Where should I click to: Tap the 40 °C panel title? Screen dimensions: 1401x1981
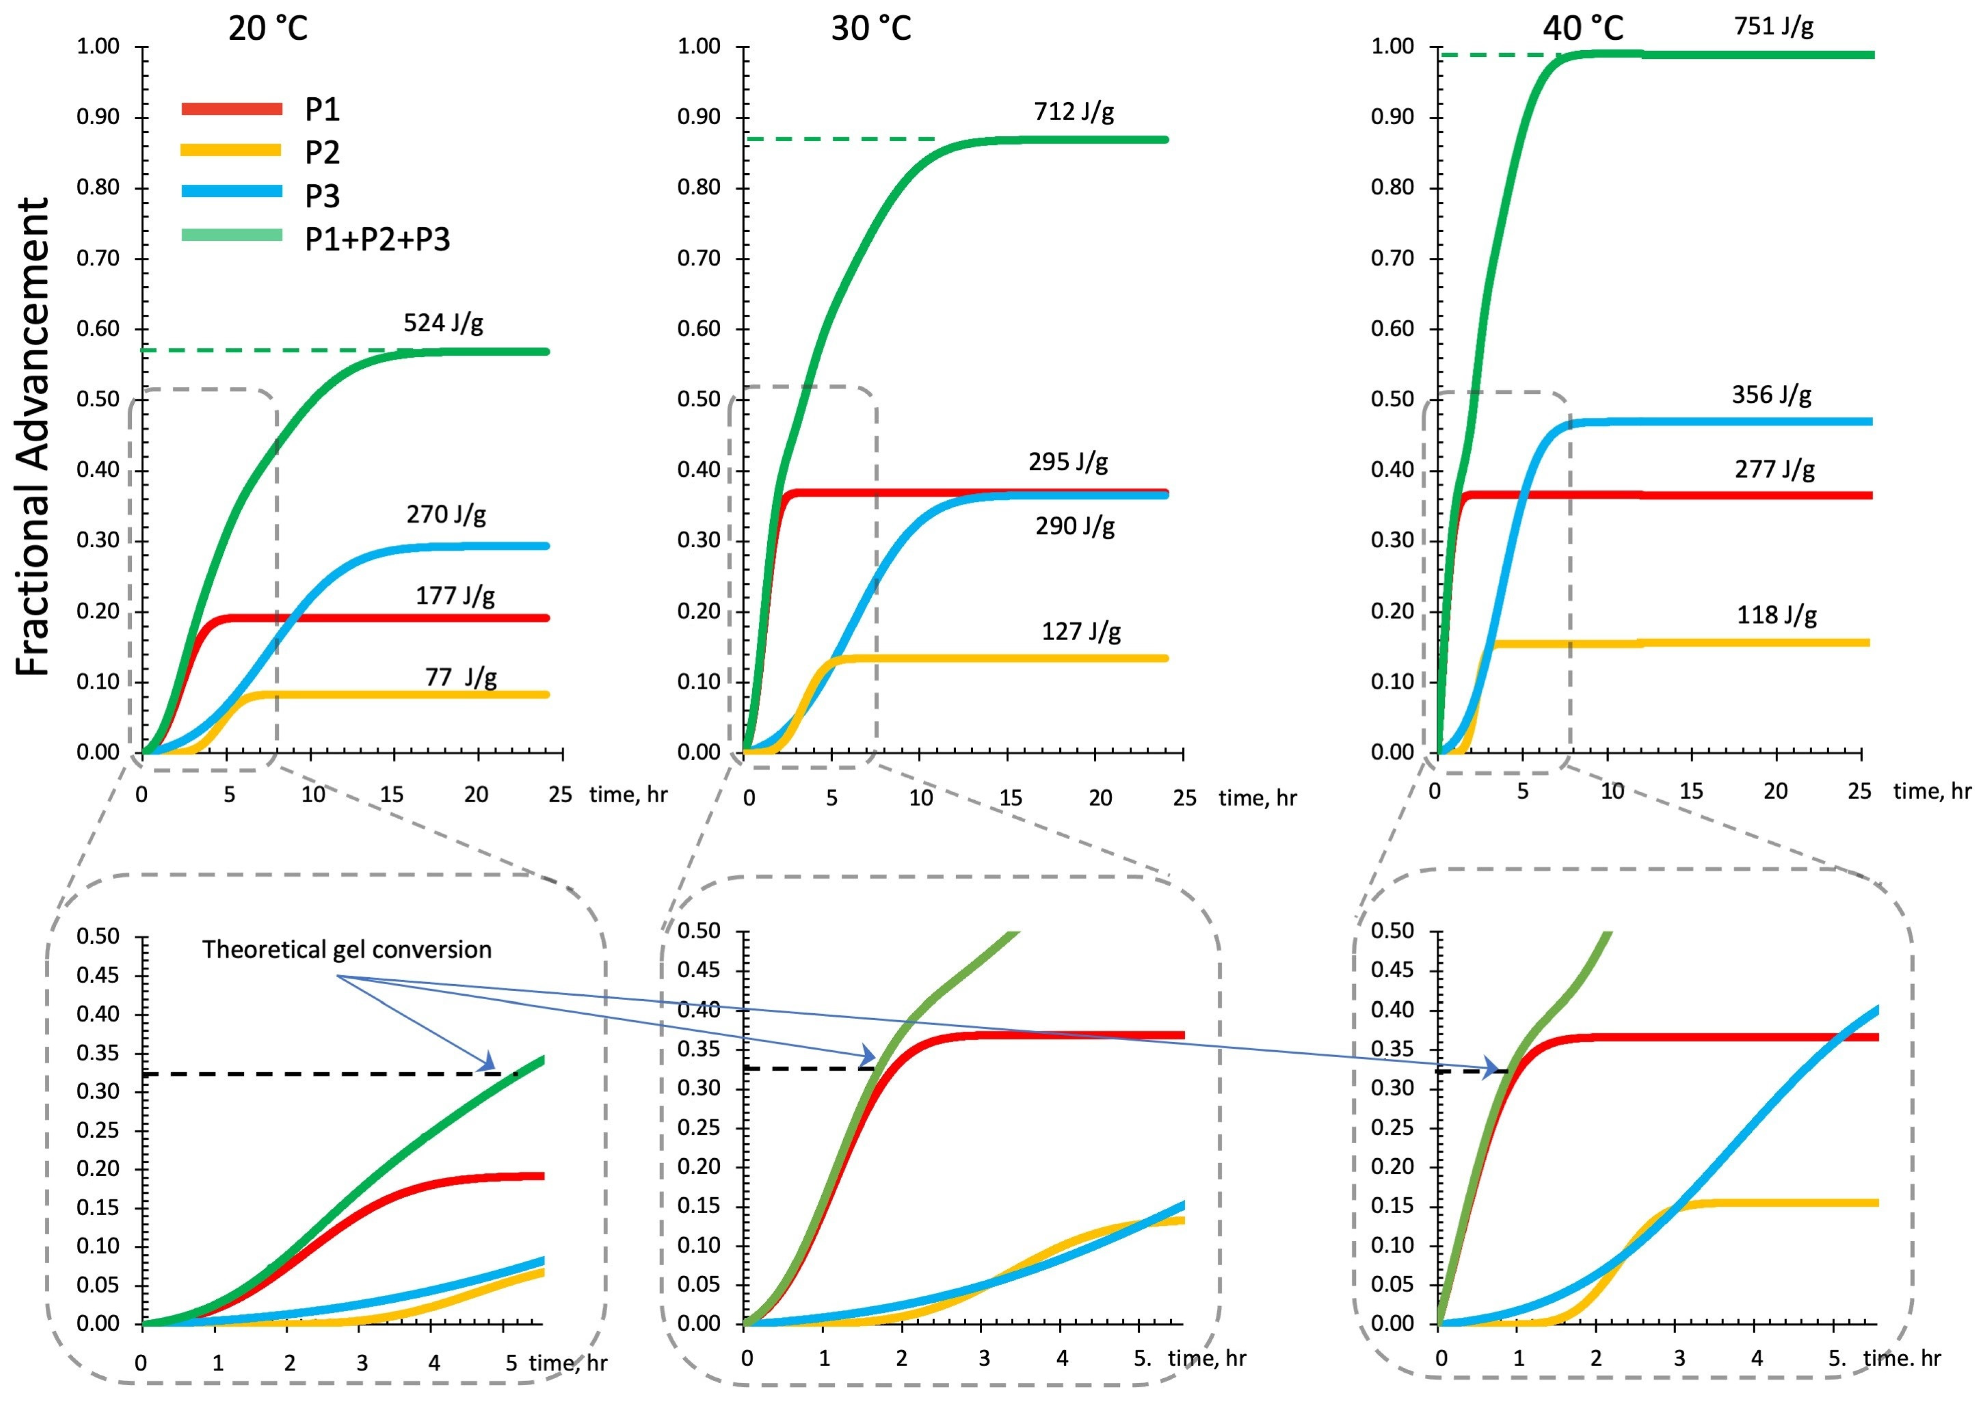pos(1583,29)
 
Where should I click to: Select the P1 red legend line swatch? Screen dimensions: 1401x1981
pos(231,108)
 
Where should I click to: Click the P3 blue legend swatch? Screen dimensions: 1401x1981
pos(231,192)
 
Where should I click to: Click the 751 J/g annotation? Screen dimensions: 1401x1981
pos(1773,26)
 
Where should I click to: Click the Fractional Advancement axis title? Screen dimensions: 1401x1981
pos(33,436)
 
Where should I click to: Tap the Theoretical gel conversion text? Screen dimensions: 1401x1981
pos(347,950)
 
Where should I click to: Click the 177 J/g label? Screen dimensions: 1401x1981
pos(455,595)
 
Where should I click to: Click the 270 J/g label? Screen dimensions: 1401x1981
pos(446,515)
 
